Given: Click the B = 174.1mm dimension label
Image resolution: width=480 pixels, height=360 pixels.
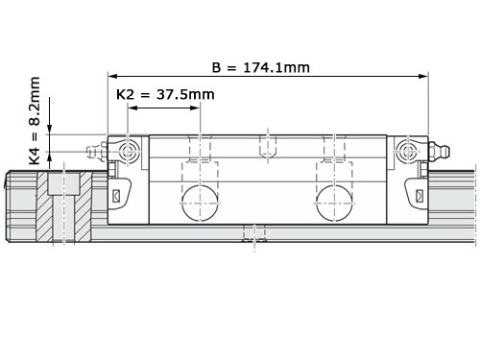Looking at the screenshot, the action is (x=261, y=67).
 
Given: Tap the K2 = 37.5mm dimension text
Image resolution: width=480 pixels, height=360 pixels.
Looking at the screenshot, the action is (x=165, y=94).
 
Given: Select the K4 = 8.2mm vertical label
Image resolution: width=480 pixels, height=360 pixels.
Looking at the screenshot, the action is (x=35, y=121).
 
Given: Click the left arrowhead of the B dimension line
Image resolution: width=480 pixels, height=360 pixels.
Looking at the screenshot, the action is (x=112, y=76).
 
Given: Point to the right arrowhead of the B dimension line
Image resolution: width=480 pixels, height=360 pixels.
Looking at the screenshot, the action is (x=423, y=76).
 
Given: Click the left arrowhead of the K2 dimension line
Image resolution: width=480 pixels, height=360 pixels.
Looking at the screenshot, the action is (x=132, y=108).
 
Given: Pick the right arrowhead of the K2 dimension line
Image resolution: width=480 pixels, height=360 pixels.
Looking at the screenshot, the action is (x=195, y=108).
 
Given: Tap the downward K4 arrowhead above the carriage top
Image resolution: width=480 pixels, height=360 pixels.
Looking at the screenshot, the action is (x=49, y=130).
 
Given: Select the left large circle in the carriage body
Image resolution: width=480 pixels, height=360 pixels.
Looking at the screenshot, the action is (x=200, y=204).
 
